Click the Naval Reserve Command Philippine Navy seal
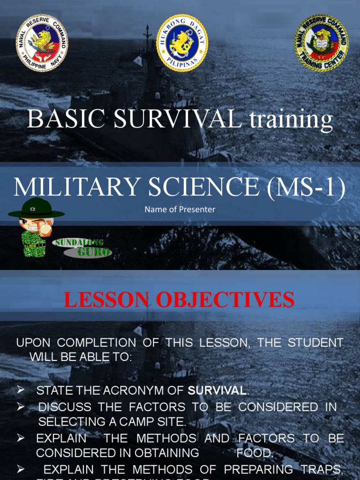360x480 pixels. pyautogui.click(x=42, y=43)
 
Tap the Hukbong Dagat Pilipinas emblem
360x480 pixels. pyautogui.click(x=182, y=43)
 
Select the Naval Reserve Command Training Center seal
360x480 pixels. pyautogui.click(x=321, y=43)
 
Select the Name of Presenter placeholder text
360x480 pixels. pyautogui.click(x=180, y=210)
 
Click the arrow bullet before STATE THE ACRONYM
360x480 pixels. pyautogui.click(x=21, y=390)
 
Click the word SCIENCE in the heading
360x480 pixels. pyautogui.click(x=200, y=187)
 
